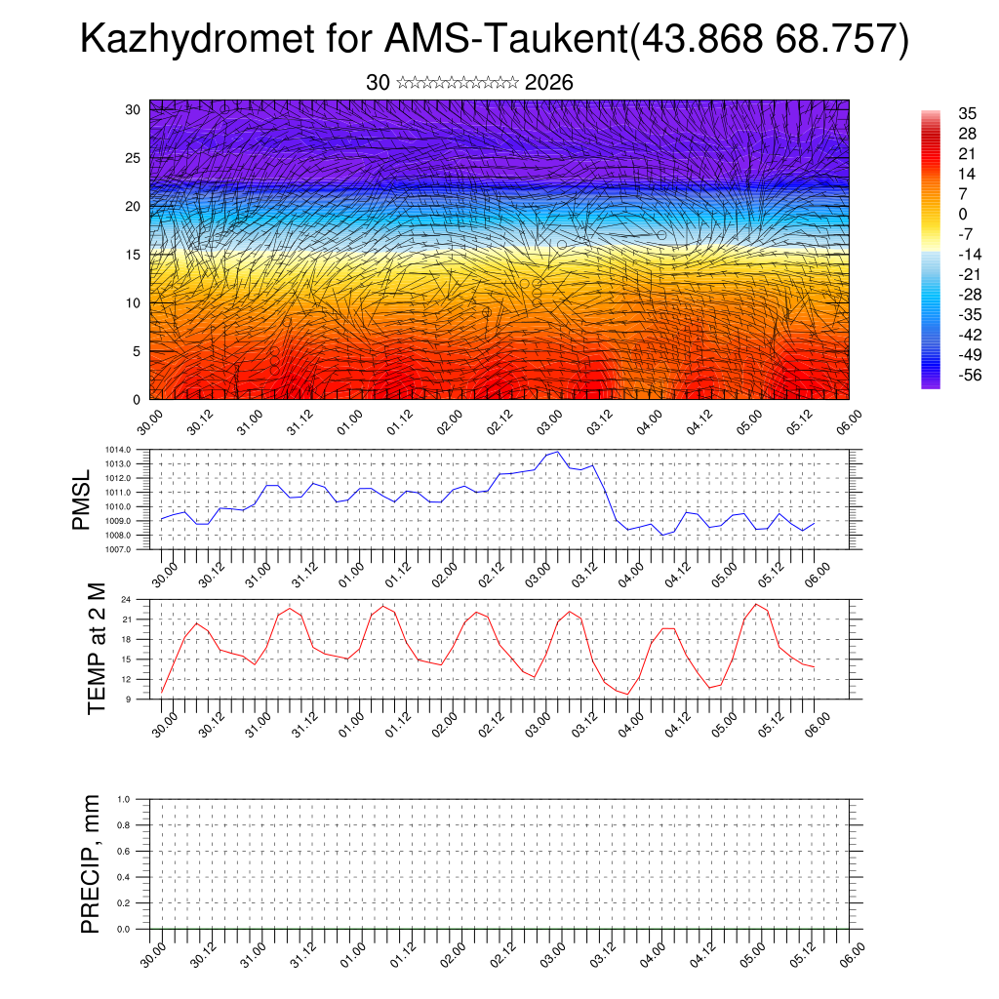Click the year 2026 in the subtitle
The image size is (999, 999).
click(x=548, y=83)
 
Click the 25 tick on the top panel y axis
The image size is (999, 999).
click(x=134, y=158)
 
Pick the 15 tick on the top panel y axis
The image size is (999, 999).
click(x=134, y=255)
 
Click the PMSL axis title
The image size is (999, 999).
click(x=82, y=499)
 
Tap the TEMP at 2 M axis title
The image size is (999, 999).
click(x=97, y=649)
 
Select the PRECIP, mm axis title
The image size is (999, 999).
click(x=91, y=863)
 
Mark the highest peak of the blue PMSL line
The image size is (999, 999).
click(x=557, y=452)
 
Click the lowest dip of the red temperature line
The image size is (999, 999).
click(x=628, y=694)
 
